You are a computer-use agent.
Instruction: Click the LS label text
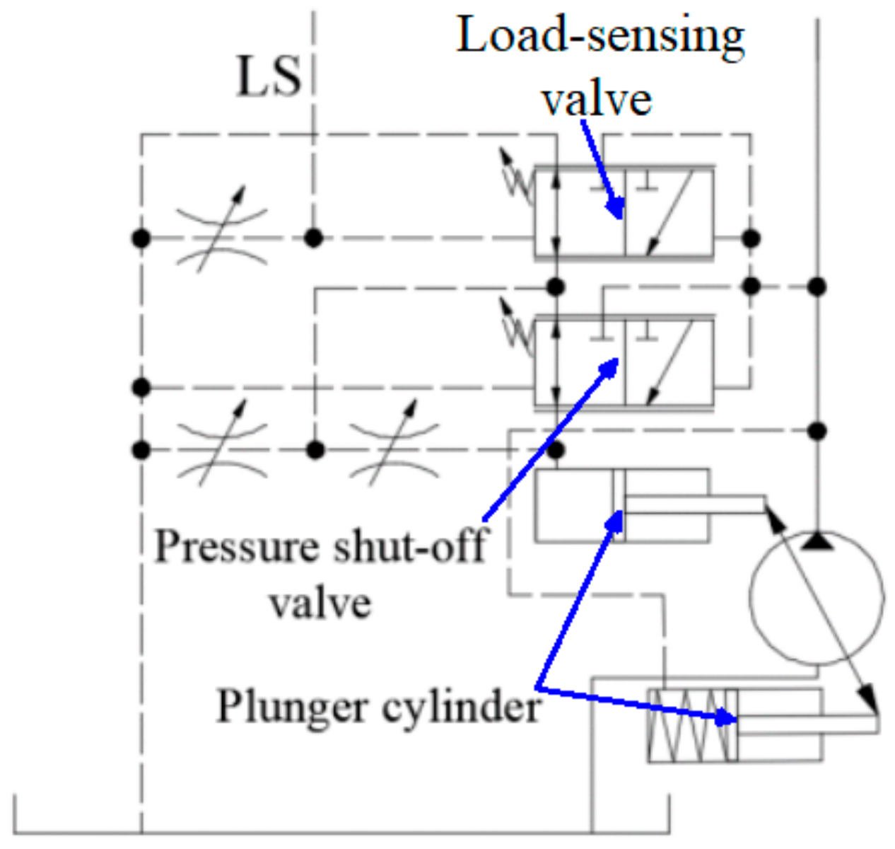[269, 76]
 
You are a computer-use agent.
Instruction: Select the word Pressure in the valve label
[236, 547]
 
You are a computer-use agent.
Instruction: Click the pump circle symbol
[816, 598]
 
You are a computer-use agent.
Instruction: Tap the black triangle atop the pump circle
[817, 541]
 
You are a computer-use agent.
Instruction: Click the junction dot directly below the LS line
[313, 238]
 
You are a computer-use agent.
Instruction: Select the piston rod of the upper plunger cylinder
[693, 504]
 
